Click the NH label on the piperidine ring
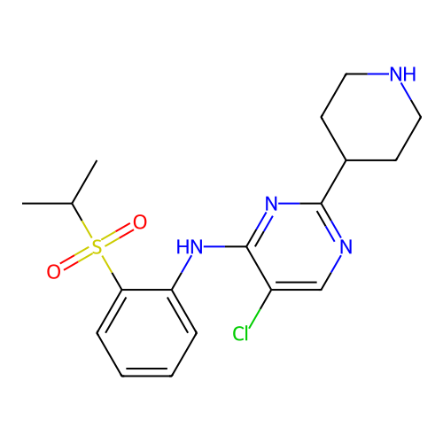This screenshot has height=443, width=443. coord(402,74)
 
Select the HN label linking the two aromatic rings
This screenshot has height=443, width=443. coord(190,246)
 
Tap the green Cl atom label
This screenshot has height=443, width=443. coord(240,334)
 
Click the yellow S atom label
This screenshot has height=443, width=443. coord(97,247)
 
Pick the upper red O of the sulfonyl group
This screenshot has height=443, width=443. coord(140,222)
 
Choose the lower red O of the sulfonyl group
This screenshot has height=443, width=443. coord(54,271)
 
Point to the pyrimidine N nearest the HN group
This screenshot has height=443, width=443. coord(271,204)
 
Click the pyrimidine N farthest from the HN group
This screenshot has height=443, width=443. coord(346,246)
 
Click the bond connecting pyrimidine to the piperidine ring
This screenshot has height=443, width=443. coord(334,182)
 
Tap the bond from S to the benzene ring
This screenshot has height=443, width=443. coord(112,272)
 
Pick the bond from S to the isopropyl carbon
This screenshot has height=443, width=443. coord(82,221)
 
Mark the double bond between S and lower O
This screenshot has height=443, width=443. coord(76,259)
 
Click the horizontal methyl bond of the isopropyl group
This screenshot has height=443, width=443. coord(47,204)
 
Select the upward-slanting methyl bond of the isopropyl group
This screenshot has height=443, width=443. coord(84,182)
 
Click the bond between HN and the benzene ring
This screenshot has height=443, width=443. coord(182,272)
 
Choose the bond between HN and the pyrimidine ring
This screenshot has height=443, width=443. coord(226,246)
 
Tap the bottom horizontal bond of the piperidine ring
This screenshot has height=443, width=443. coord(371,160)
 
